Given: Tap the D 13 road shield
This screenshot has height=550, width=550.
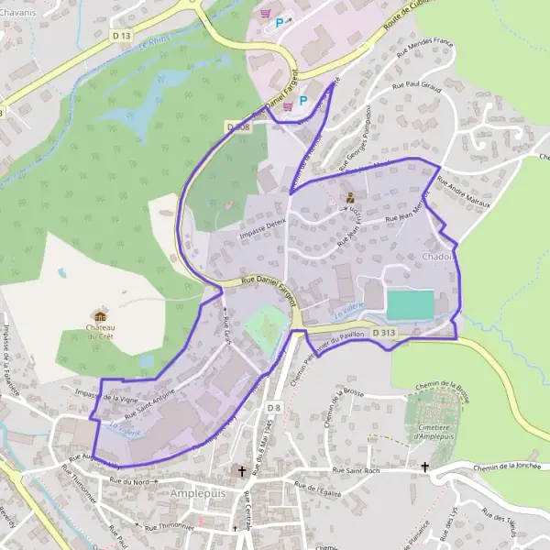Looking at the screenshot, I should (121, 35).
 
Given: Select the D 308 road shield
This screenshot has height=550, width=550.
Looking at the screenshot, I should (236, 127).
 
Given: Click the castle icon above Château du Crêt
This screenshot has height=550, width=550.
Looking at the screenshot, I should (100, 315).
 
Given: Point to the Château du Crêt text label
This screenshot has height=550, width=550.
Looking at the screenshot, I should (101, 332).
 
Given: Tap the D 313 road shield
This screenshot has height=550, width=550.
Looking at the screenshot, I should (382, 333).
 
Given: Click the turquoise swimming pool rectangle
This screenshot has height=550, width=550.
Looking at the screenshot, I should (410, 304).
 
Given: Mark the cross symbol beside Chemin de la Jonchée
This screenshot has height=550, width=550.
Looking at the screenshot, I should (424, 467).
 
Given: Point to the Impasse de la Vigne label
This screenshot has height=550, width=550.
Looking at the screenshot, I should (106, 397).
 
